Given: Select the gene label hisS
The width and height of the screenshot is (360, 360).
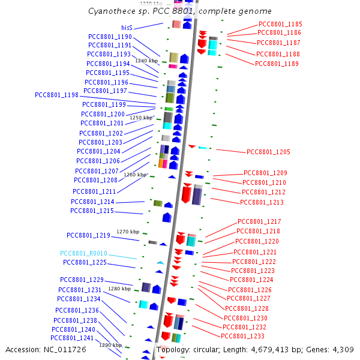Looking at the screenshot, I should coord(127,28).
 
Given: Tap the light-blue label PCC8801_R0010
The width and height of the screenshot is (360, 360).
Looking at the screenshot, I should coord(83,253).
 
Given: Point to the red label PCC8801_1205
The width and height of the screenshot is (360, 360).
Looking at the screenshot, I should coord(268,152).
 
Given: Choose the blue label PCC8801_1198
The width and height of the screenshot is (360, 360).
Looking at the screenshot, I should coord(56,95).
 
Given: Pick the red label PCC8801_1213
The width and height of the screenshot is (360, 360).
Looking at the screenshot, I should coord(262,202).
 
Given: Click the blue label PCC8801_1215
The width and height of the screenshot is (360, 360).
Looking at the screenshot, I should coord(92,211).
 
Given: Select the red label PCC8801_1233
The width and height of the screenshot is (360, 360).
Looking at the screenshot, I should coord(243,336).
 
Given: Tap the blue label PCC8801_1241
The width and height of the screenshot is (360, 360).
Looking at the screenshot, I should coord(72,338).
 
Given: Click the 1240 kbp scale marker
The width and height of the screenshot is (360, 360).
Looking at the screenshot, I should coord(146,61).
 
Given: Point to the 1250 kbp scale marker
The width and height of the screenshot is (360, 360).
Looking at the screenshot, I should coord(142,118).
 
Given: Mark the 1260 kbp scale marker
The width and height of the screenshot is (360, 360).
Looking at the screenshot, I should coord(135,175).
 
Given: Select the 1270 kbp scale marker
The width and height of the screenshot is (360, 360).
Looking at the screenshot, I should coord(128,232).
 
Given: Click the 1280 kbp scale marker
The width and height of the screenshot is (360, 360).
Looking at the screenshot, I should coord(119,289).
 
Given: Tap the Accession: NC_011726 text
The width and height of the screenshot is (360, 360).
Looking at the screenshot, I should coord(39,349).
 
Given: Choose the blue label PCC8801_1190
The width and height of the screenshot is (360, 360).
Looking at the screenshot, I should coord(110,37).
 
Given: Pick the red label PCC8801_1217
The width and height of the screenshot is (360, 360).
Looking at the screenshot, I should coord(259,221).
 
